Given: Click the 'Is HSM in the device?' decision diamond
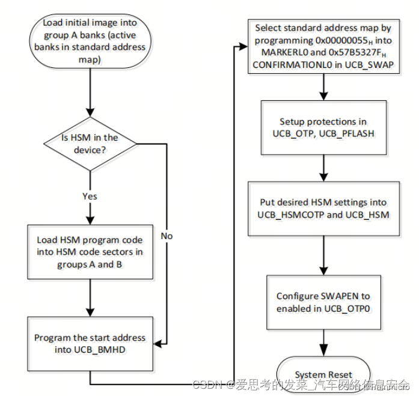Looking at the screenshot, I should click(x=90, y=143).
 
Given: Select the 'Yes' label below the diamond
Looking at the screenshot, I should click(x=90, y=195).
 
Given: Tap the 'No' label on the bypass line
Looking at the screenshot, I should click(x=167, y=236).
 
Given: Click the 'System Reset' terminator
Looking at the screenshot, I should click(x=323, y=375).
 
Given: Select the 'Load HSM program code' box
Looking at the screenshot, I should click(x=90, y=251).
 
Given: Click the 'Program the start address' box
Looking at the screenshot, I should click(x=90, y=343).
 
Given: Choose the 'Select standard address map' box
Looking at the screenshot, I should click(x=323, y=46).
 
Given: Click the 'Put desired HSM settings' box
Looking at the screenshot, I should click(x=323, y=209).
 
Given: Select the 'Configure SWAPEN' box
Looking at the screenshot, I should click(x=323, y=302).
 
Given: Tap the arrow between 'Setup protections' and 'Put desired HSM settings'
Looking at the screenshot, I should click(x=323, y=166).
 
